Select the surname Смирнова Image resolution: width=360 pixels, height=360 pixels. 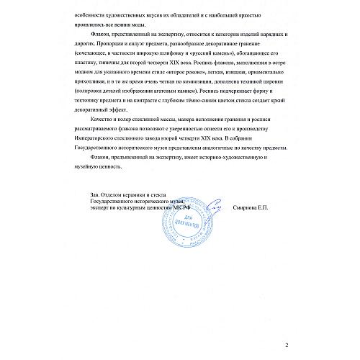(253, 209)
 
